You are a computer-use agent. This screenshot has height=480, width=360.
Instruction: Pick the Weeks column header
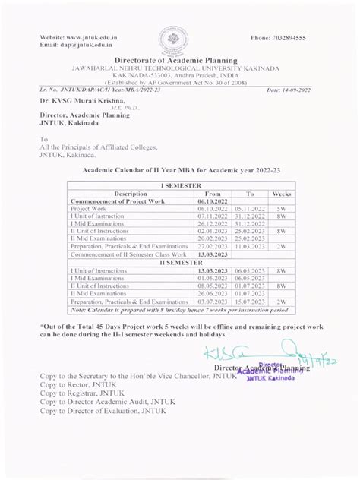282,194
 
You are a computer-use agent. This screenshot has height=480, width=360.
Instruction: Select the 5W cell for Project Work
282,209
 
